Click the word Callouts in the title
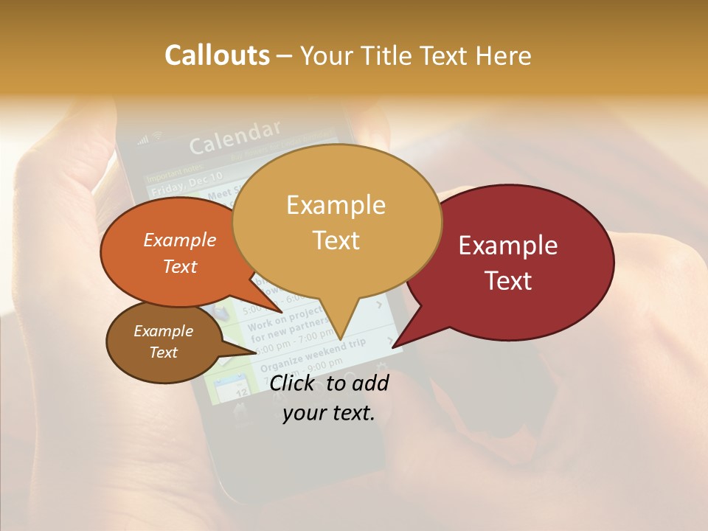(217, 55)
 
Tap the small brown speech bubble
(140, 365)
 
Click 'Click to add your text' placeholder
(329, 398)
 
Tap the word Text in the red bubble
(509, 281)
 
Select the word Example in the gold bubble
(336, 205)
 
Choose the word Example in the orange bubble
(180, 240)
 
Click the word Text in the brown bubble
(164, 353)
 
